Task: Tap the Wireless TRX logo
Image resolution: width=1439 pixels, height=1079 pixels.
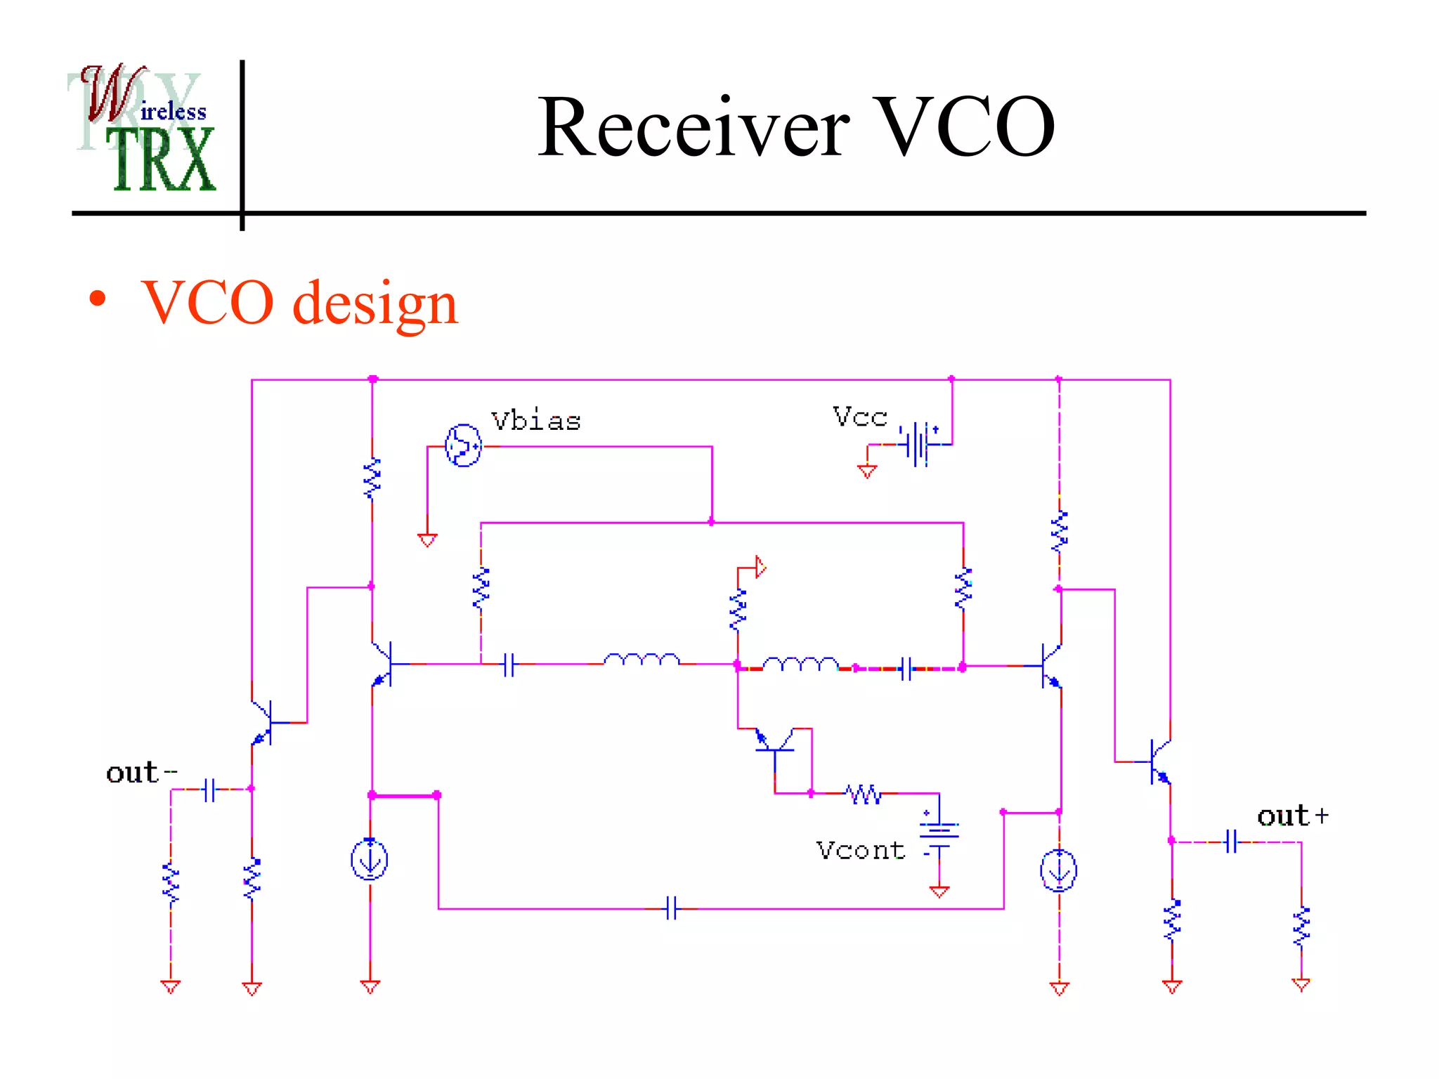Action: pyautogui.click(x=144, y=129)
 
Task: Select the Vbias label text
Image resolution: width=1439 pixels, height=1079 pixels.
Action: pyautogui.click(x=535, y=421)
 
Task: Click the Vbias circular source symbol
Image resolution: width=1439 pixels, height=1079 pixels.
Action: pyautogui.click(x=463, y=445)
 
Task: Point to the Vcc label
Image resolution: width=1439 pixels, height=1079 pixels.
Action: pyautogui.click(x=859, y=417)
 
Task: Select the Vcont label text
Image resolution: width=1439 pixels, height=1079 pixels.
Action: pyautogui.click(x=860, y=851)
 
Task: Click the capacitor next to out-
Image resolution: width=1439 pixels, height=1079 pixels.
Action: pyautogui.click(x=209, y=790)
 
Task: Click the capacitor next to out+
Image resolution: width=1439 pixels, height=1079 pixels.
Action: pyautogui.click(x=1231, y=841)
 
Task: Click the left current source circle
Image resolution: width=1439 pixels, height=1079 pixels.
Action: pyautogui.click(x=370, y=860)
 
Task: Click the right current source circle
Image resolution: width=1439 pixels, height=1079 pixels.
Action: pyautogui.click(x=1058, y=871)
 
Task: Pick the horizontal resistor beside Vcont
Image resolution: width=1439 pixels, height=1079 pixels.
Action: pyautogui.click(x=864, y=794)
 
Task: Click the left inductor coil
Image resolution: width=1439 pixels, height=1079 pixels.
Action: pyautogui.click(x=642, y=660)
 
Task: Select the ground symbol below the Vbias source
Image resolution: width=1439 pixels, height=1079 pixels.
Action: pyautogui.click(x=427, y=539)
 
